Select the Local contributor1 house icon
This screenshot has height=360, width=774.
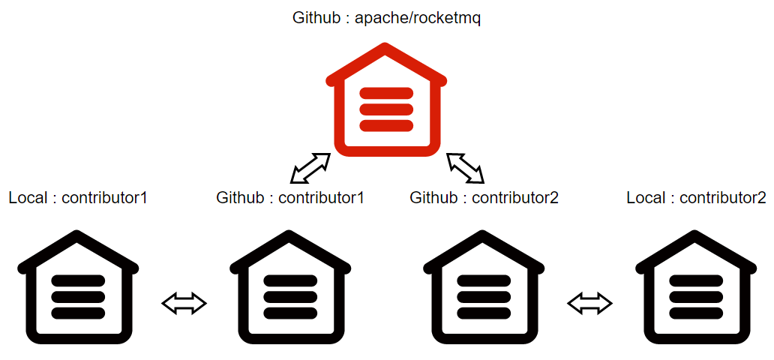click(x=78, y=289)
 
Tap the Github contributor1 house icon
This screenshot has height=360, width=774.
click(x=289, y=289)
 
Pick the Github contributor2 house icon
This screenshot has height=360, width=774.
click(x=484, y=289)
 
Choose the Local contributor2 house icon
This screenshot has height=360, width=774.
click(x=696, y=289)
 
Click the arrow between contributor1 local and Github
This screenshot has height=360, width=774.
click(x=184, y=304)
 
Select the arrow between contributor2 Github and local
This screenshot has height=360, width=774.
click(x=590, y=304)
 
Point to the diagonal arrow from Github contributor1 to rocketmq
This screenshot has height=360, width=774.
click(x=310, y=169)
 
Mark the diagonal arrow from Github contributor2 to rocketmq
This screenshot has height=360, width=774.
click(x=465, y=168)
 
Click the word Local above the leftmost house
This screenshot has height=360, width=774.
click(x=28, y=198)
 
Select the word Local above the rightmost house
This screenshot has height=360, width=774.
click(x=646, y=198)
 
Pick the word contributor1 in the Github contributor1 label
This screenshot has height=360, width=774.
click(x=321, y=198)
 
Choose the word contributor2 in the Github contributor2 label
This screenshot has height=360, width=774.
click(x=514, y=198)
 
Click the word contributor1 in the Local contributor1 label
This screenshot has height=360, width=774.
click(x=104, y=198)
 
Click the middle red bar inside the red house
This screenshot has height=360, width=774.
click(x=386, y=109)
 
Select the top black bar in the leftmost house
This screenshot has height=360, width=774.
click(x=78, y=280)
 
